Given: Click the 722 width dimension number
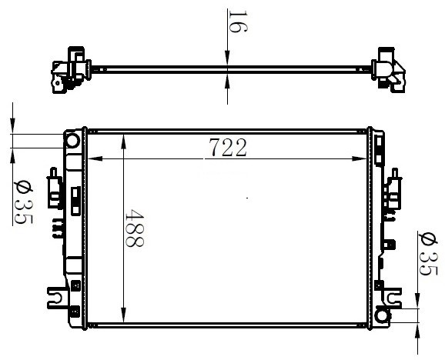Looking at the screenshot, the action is pos(228,148).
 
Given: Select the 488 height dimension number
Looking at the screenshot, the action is pos(135,228).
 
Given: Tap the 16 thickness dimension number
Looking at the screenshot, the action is pos(238,22).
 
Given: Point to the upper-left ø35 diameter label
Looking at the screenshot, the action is pos(23,202).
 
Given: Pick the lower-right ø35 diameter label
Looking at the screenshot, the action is pos(428,253).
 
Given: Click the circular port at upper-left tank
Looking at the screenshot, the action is pos(72,141).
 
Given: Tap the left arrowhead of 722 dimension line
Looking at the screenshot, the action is pos(95,158).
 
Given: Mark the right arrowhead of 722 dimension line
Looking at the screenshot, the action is pos(360,158).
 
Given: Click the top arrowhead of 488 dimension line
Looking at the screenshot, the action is pos(123,142).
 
